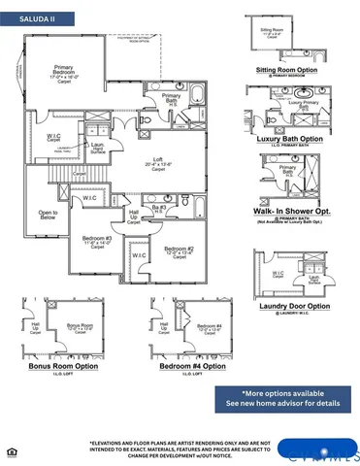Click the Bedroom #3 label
pyautogui.click(x=97, y=241)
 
